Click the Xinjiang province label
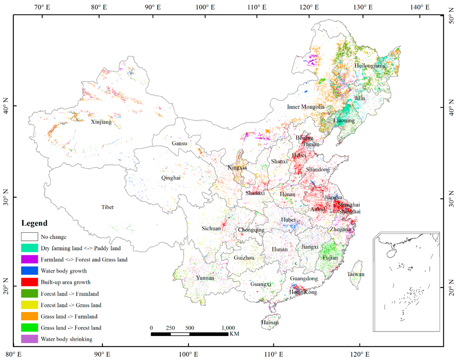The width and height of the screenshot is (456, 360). pyautogui.click(x=101, y=122)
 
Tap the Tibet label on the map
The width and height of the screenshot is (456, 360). pyautogui.click(x=107, y=207)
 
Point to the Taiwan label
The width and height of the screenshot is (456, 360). pyautogui.click(x=356, y=274)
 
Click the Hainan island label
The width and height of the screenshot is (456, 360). pyautogui.click(x=270, y=323)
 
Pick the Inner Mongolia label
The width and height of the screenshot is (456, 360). pyautogui.click(x=306, y=107)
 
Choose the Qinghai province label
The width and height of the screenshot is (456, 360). pyautogui.click(x=171, y=178)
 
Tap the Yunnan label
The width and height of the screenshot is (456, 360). pyautogui.click(x=205, y=278)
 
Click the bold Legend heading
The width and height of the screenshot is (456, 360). pyautogui.click(x=34, y=223)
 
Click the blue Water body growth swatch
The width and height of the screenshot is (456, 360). pyautogui.click(x=29, y=271)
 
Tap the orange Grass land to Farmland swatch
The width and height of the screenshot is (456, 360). pyautogui.click(x=29, y=316)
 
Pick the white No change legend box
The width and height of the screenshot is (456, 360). pyautogui.click(x=29, y=237)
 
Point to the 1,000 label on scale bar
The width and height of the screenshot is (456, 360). pyautogui.click(x=228, y=328)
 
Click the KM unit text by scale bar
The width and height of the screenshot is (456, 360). pyautogui.click(x=234, y=334)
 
